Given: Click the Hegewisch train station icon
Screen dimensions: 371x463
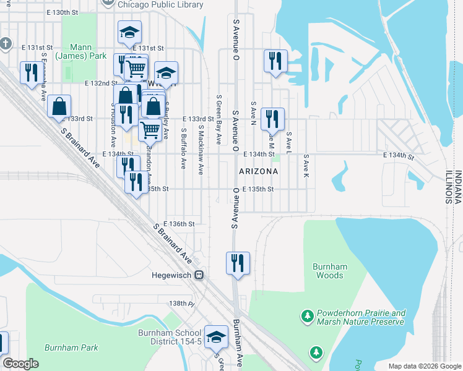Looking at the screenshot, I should point(199,275).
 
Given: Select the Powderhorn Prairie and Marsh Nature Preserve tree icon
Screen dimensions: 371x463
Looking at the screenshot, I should point(307,317).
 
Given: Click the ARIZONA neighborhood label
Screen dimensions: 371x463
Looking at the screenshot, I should point(258,171).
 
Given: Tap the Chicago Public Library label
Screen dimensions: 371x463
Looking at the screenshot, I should point(160,4).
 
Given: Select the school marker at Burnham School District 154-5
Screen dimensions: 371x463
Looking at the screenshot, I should point(216,337).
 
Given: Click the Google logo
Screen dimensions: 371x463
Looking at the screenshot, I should point(20,364).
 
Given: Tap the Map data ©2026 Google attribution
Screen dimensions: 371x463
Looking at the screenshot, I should point(425,366).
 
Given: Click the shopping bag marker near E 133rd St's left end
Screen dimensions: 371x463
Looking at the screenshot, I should point(59,106).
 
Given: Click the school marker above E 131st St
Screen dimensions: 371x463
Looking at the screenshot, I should point(130,33).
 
